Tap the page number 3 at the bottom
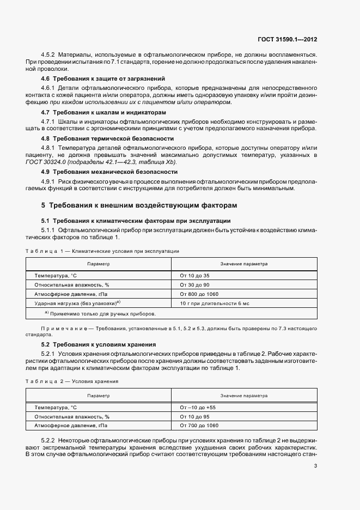316,465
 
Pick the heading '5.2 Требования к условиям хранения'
99,344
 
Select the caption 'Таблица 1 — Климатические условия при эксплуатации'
102,251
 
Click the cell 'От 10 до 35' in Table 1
194,276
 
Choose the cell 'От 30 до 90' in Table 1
194,285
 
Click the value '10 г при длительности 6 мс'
214,302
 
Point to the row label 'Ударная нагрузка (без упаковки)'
77,302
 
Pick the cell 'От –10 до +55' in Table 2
198,407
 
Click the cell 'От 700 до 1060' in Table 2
199,424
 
